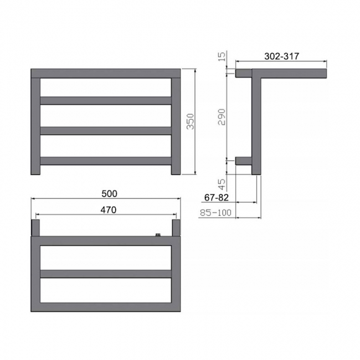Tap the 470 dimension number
click(108, 210)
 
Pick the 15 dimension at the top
click(221, 56)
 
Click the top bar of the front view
click(106, 73)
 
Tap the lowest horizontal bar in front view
click(106, 161)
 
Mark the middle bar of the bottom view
click(106, 274)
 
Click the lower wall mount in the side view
click(244, 161)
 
